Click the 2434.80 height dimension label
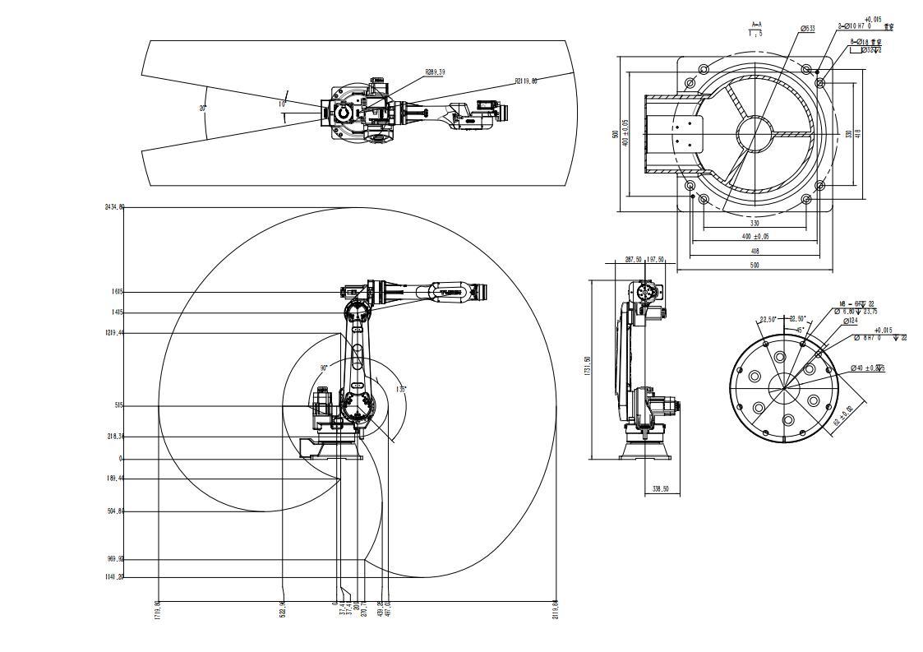[114, 207]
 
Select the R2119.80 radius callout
[526, 81]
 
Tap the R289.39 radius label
[435, 72]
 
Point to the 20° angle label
[202, 108]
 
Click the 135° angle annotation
[401, 389]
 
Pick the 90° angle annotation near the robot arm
[325, 368]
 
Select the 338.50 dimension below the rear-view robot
[660, 489]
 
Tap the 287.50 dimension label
[633, 260]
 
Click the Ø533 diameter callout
[808, 29]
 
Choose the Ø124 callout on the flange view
[850, 321]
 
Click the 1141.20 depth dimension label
[114, 576]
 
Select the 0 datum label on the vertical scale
[121, 459]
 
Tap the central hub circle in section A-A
[755, 134]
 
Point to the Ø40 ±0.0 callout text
[867, 368]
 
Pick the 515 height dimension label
[118, 405]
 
